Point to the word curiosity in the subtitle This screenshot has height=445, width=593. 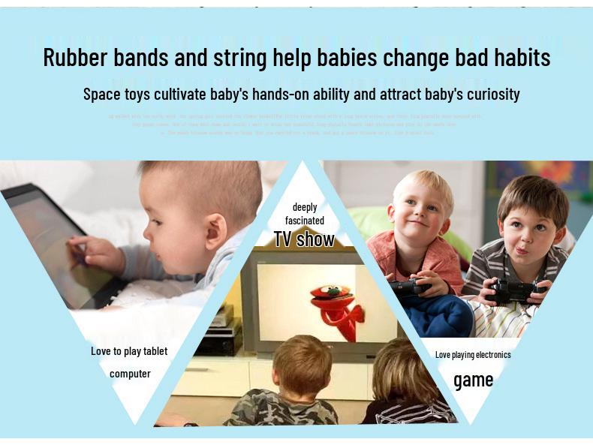coord(488,95)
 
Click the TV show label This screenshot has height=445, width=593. coord(304,239)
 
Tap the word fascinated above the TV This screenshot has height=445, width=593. coord(305,221)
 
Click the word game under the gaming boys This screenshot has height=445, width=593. coord(474,380)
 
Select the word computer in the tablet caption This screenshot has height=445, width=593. coord(130,374)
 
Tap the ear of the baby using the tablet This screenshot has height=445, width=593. coord(216,229)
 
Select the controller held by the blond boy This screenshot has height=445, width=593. coord(410,287)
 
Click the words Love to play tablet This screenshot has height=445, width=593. coord(129,351)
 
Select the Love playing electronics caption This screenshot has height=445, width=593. coord(473,354)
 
